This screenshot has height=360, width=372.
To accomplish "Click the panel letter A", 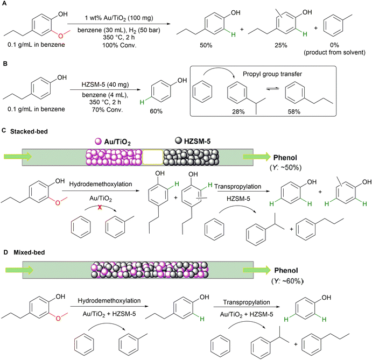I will point(4,5).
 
